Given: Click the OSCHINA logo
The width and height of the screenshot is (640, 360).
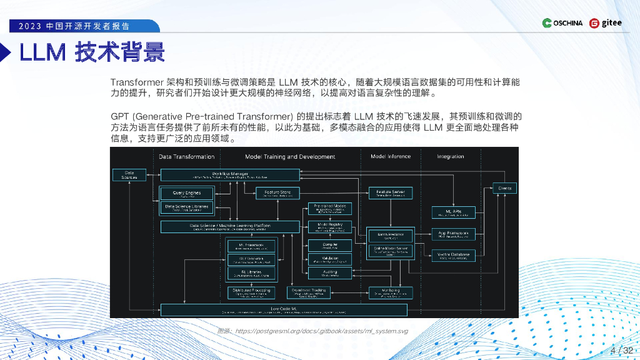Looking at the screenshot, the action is pyautogui.click(x=562, y=23).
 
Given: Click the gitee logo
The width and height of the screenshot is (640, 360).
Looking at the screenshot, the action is pyautogui.click(x=606, y=23).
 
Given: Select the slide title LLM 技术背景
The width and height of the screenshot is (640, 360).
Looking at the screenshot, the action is pyautogui.click(x=92, y=53).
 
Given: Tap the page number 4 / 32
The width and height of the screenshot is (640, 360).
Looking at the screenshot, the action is pyautogui.click(x=621, y=350).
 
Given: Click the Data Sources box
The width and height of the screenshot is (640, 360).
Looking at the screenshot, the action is pyautogui.click(x=129, y=175).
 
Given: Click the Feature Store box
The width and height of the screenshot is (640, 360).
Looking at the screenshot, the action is pyautogui.click(x=277, y=194).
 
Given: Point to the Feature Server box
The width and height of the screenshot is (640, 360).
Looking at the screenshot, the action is pyautogui.click(x=391, y=193).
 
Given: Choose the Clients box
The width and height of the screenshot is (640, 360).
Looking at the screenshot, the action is pyautogui.click(x=504, y=188).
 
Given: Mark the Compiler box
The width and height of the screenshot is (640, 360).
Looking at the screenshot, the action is pyautogui.click(x=330, y=244).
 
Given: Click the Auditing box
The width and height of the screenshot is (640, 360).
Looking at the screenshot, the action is pyautogui.click(x=330, y=272).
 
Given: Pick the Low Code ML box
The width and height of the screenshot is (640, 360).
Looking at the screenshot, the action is pyautogui.click(x=284, y=309).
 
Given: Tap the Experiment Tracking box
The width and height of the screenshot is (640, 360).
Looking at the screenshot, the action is pyautogui.click(x=308, y=292).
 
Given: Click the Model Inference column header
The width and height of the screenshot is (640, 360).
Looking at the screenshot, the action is pyautogui.click(x=391, y=156).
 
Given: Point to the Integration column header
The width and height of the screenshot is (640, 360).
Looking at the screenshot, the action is pyautogui.click(x=450, y=156).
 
